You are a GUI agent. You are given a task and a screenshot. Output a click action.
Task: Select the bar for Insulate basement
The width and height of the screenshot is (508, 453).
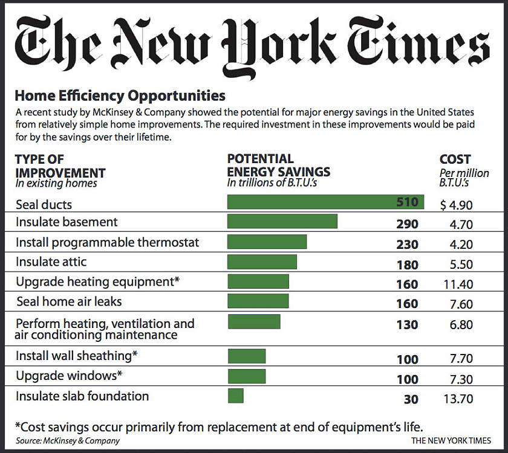282,222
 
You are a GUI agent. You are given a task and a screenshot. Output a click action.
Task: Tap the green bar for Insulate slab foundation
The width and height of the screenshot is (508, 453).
236,396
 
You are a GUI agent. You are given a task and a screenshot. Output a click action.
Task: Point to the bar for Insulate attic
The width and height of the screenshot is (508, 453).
262,262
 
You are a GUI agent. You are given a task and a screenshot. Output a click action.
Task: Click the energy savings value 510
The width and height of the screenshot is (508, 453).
407,203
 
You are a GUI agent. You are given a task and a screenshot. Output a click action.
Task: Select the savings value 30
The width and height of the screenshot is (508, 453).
411,399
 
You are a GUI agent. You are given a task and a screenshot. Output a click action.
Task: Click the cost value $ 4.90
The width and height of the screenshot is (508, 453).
456,205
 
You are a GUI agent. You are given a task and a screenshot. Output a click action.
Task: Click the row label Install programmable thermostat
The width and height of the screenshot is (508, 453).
107,242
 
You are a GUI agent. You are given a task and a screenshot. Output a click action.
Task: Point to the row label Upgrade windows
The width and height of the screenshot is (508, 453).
69,376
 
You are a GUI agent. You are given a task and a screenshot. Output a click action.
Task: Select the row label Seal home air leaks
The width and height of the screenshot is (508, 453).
68,301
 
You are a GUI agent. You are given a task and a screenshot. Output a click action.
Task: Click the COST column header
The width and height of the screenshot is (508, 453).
455,159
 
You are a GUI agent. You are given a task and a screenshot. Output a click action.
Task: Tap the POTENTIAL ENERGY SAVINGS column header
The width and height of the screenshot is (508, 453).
279,165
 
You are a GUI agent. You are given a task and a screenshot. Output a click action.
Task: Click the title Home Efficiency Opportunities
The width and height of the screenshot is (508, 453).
120,95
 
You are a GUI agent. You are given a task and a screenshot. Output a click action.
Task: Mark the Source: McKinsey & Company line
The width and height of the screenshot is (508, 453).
68,440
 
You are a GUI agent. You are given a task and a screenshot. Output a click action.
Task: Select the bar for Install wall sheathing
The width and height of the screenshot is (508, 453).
247,356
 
